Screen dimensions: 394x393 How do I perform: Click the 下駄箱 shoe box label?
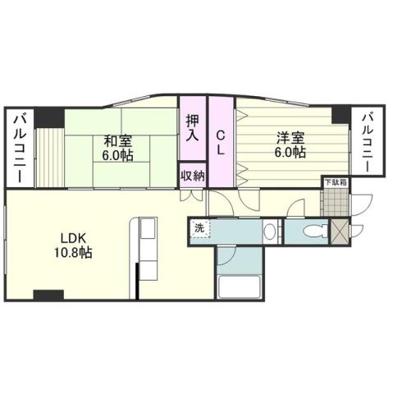(x=334, y=182)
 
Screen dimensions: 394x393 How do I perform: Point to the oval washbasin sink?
(x=269, y=232)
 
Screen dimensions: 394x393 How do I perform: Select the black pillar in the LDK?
(x=48, y=294)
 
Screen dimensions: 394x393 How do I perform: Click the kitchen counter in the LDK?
(x=148, y=245)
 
